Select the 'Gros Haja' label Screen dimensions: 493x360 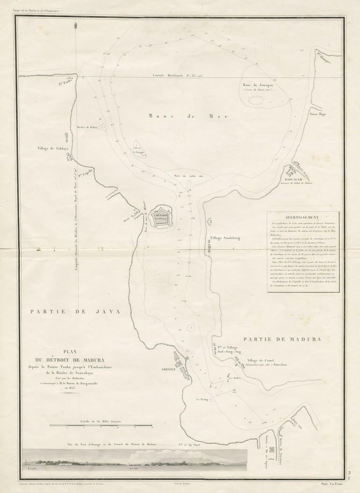[317, 113]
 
